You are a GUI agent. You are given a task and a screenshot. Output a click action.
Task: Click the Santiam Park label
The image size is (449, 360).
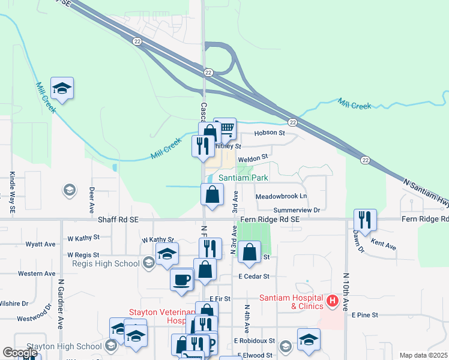click(243, 178)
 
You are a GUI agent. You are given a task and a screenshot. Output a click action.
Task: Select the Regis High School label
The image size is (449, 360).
click(106, 263)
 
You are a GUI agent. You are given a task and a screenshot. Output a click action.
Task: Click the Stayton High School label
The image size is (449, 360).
click(73, 346)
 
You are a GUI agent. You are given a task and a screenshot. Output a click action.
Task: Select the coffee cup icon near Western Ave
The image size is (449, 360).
click(181, 279)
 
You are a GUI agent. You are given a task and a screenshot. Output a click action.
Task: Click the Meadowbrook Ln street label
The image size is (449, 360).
click(281, 197)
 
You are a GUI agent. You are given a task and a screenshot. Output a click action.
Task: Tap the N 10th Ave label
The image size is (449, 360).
click(346, 292)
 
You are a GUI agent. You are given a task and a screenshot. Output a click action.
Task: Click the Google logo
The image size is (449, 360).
click(20, 353)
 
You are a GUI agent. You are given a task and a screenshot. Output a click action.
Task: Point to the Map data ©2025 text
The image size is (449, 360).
click(423, 355)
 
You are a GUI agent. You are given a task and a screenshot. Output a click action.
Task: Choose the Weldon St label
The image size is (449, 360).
click(252, 158)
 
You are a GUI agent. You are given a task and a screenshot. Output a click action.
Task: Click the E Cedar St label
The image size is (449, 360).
click(254, 277)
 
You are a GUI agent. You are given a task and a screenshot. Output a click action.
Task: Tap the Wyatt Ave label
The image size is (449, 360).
click(40, 244)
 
